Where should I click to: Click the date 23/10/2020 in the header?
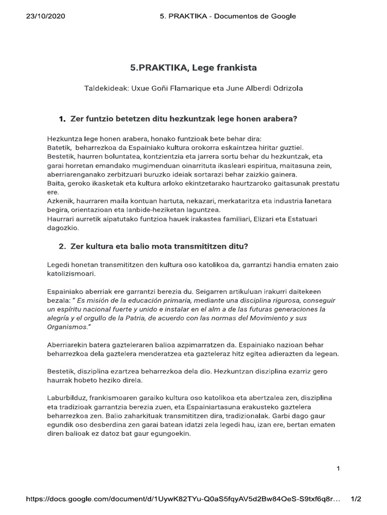point(45,16)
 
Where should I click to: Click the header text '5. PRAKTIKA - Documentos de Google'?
point(227,16)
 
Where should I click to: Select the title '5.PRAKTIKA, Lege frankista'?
point(194,67)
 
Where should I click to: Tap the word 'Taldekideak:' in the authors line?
point(106,89)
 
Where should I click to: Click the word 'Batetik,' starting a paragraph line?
point(59,147)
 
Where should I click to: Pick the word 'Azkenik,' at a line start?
point(59,201)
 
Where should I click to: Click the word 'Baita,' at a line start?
point(55,183)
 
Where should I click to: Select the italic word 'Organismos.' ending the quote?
point(68,327)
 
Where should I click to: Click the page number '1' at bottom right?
point(339,469)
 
